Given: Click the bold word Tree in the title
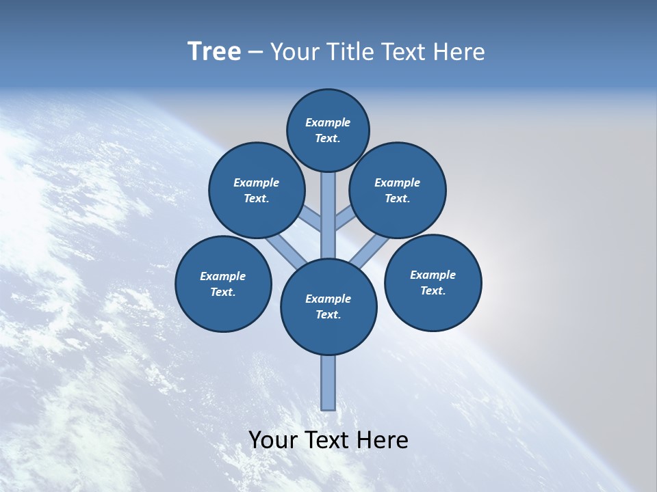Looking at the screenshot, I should (x=214, y=52).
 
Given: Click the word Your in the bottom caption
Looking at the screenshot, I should (x=272, y=440).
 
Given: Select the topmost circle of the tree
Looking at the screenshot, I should (x=328, y=131).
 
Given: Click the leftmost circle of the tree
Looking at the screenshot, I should (x=223, y=284).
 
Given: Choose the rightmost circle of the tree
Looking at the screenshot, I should (x=433, y=282).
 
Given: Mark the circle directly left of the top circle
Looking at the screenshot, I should (x=256, y=190).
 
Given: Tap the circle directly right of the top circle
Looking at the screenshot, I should (x=397, y=190).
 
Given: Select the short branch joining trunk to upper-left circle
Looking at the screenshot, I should (x=311, y=219).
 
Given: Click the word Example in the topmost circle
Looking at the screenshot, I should (x=328, y=123).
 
